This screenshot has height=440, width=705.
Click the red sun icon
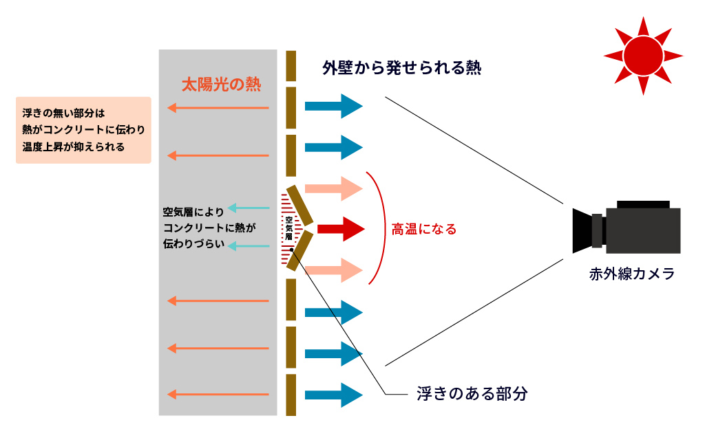coord(643,56)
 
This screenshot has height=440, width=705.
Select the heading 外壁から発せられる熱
coord(401,68)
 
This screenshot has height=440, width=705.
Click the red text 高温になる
coord(424,230)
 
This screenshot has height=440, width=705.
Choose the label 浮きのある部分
coord(472,394)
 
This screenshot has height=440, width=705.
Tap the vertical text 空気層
coord(288,228)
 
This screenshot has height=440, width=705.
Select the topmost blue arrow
coord(333,106)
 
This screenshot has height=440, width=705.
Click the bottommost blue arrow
coord(333,395)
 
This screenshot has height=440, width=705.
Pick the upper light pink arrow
coord(333,188)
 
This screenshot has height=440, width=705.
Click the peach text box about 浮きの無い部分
coord(83,130)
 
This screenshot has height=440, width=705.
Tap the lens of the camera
coord(582,230)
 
